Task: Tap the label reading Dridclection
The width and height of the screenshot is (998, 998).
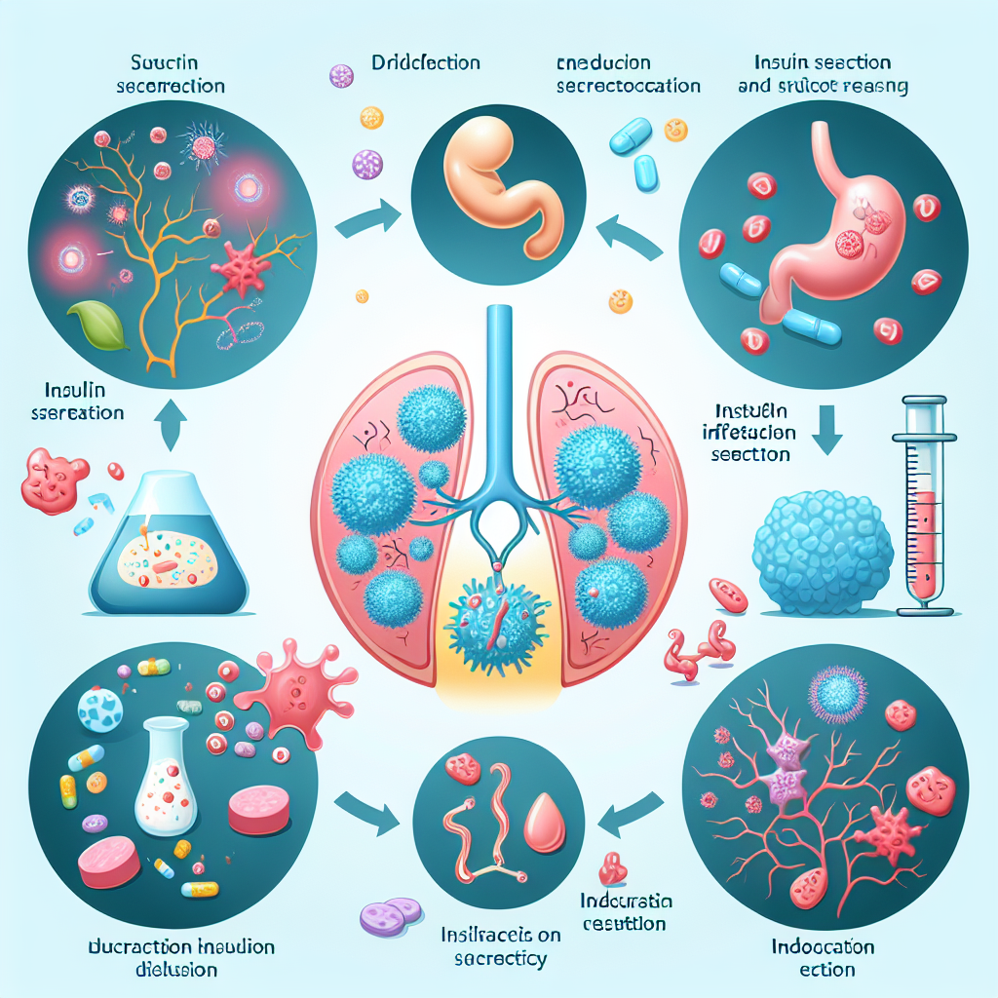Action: (426, 63)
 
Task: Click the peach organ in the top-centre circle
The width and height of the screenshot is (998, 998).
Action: (497, 185)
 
